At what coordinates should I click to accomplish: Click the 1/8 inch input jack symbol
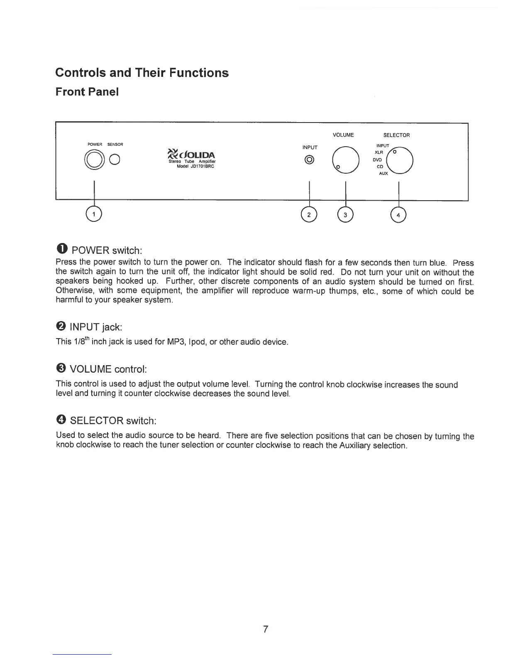coord(310,160)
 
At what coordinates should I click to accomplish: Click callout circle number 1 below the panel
coord(95,214)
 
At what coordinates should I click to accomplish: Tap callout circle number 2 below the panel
coord(309,214)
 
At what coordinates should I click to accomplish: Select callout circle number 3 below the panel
coord(345,214)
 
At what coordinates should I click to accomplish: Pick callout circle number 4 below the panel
coord(398,214)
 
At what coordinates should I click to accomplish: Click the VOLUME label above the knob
coord(343,135)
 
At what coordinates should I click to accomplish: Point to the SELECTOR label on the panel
coord(396,135)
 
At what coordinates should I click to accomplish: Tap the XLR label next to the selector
coord(379,152)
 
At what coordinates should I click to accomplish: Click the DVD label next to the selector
coord(377,160)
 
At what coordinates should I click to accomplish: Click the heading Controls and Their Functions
coord(142,73)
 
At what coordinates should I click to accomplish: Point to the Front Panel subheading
coord(87,92)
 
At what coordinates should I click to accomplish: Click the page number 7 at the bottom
coord(266,629)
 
